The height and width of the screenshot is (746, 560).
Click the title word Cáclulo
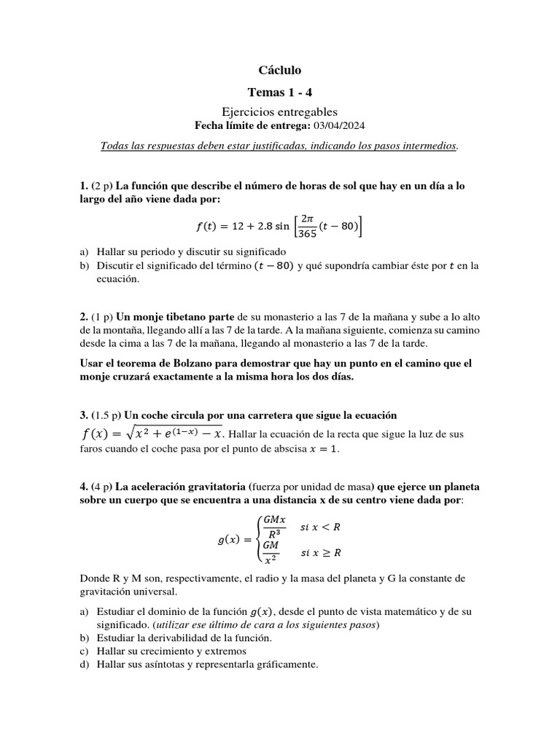click(x=279, y=70)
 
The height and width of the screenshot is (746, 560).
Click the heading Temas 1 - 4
click(x=279, y=92)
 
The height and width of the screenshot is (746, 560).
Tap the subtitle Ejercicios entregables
click(x=279, y=111)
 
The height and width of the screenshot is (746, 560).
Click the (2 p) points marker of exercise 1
click(x=102, y=186)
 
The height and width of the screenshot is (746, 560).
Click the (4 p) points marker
click(x=102, y=486)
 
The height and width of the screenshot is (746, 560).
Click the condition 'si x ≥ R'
click(x=321, y=553)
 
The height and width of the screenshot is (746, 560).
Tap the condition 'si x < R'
click(x=321, y=525)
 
